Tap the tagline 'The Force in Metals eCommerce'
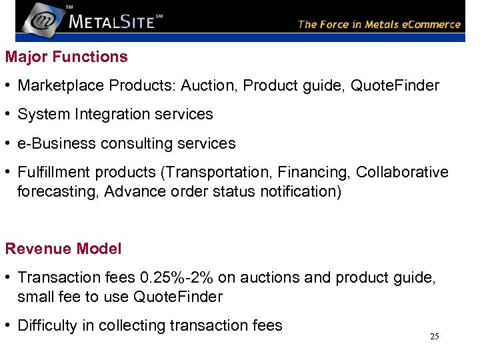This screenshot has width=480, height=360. (379, 25)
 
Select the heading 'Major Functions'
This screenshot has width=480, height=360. (66, 57)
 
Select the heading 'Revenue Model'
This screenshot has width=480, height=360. (63, 249)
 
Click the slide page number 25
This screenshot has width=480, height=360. (434, 337)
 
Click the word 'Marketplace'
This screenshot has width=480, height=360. (61, 85)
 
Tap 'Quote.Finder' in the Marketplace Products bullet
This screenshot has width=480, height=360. (395, 85)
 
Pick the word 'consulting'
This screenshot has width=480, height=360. (130, 143)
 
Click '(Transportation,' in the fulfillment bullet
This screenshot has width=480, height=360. (209, 172)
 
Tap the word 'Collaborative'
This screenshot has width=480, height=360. (402, 172)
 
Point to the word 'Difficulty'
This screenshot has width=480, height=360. (48, 325)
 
